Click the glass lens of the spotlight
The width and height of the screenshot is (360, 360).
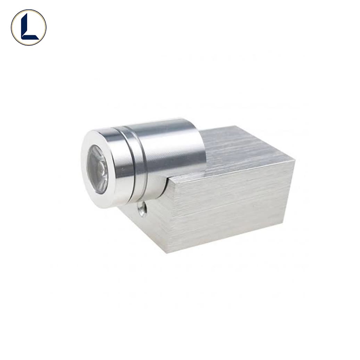click(x=97, y=169)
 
